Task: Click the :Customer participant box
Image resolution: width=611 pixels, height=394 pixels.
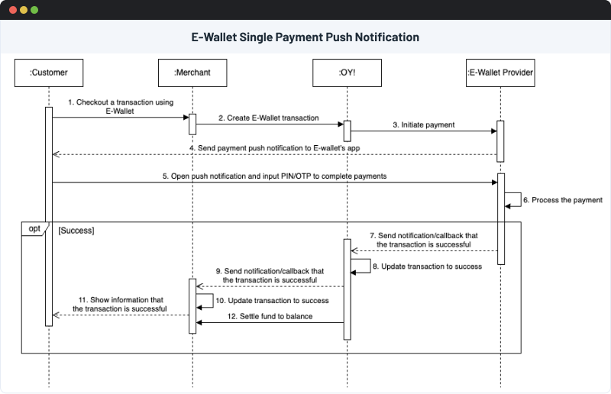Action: pyautogui.click(x=49, y=73)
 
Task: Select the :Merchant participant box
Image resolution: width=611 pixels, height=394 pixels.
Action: pyautogui.click(x=192, y=73)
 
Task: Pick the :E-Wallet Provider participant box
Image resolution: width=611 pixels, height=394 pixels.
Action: pyautogui.click(x=500, y=73)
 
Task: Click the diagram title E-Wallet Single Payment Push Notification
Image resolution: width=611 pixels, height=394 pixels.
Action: pyautogui.click(x=305, y=37)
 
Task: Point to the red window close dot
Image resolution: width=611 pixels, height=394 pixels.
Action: pyautogui.click(x=12, y=11)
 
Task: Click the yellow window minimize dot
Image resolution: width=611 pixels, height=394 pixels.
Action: pyautogui.click(x=23, y=11)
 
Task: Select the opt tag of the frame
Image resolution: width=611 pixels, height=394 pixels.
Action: pyautogui.click(x=34, y=228)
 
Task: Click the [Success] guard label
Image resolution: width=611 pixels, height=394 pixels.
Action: pyautogui.click(x=76, y=229)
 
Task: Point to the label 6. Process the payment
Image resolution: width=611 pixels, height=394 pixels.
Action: pyautogui.click(x=562, y=200)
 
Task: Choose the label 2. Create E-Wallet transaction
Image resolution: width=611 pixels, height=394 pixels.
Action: pyautogui.click(x=268, y=118)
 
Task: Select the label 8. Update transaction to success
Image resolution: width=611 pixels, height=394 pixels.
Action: pyautogui.click(x=427, y=266)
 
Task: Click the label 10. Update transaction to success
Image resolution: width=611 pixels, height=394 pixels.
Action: pyautogui.click(x=273, y=301)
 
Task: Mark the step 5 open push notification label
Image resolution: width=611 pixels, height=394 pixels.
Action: pyautogui.click(x=274, y=176)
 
